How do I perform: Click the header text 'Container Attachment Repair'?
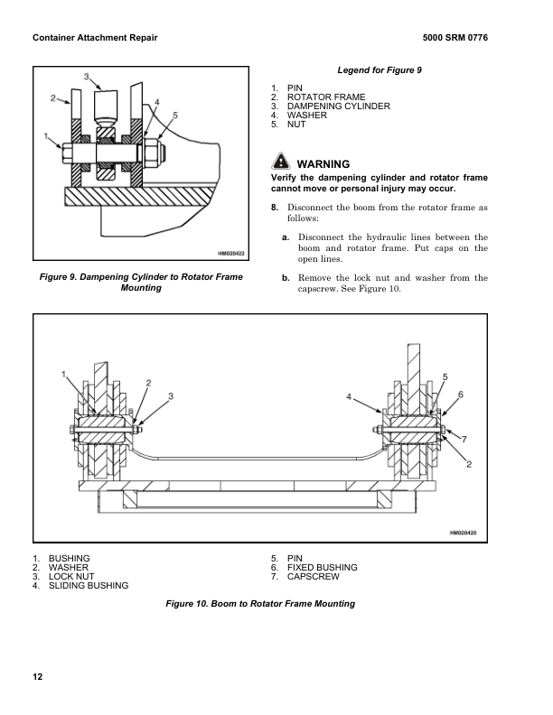click(95, 39)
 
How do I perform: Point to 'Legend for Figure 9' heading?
click(380, 70)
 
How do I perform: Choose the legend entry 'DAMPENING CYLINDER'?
click(338, 107)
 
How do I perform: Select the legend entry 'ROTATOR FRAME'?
click(326, 97)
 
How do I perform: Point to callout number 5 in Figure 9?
click(174, 116)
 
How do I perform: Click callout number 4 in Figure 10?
click(349, 396)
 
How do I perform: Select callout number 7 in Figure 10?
click(464, 438)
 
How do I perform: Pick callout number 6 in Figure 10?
click(461, 395)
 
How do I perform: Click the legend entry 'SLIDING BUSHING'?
click(88, 586)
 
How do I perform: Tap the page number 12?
click(37, 677)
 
